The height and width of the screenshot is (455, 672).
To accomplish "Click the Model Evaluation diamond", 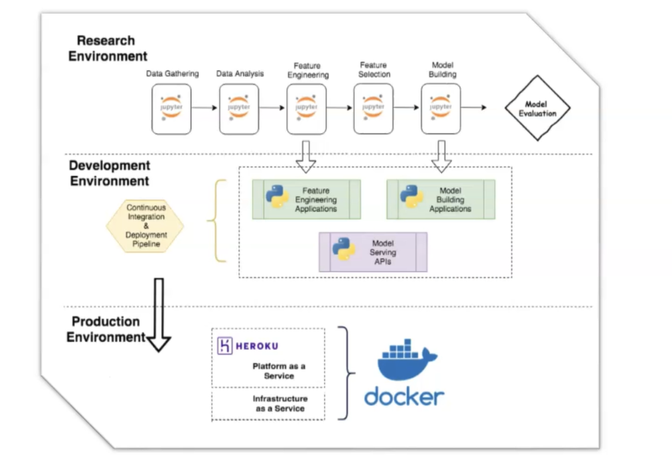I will click(x=537, y=108).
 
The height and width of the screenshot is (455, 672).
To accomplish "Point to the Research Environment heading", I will click(x=108, y=48).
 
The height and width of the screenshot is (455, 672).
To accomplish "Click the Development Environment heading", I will click(x=110, y=173).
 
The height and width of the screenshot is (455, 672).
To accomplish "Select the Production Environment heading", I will click(x=106, y=329).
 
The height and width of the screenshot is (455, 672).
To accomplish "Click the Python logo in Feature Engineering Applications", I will click(x=278, y=196).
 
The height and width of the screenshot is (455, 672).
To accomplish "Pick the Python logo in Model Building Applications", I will click(x=412, y=196).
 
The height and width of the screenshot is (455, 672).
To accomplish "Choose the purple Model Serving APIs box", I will click(x=373, y=252).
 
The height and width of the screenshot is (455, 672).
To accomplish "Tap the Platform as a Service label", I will click(x=279, y=371).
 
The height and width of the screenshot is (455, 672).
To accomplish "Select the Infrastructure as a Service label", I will click(x=280, y=403).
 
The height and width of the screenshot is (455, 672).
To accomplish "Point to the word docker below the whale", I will click(x=404, y=397).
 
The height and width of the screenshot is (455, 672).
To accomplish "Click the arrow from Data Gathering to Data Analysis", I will click(x=205, y=108).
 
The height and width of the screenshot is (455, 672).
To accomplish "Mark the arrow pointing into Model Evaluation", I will click(x=474, y=108).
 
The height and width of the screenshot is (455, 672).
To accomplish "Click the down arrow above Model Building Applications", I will click(x=442, y=156).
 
